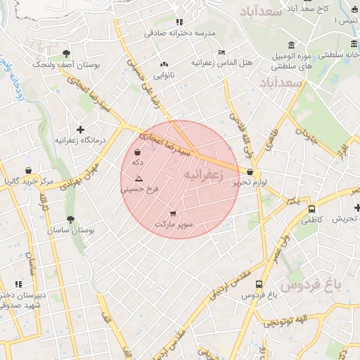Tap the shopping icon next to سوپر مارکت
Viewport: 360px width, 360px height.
(x=174, y=213)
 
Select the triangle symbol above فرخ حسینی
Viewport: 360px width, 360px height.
(x=139, y=179)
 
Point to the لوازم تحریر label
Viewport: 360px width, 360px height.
(x=251, y=183)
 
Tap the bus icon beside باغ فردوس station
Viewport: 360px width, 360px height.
(x=259, y=285)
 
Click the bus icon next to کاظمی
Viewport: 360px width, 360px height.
(x=311, y=209)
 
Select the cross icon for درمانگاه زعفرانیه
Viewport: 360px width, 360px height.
(x=82, y=129)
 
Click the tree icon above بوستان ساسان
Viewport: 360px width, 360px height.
(x=70, y=219)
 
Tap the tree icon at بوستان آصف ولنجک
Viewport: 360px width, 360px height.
(x=66, y=53)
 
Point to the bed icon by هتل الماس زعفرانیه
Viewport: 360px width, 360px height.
(x=222, y=52)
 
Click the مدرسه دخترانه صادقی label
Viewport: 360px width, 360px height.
(x=179, y=32)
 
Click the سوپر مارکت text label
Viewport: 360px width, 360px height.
(x=174, y=224)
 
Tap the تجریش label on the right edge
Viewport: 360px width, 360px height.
(x=346, y=219)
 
